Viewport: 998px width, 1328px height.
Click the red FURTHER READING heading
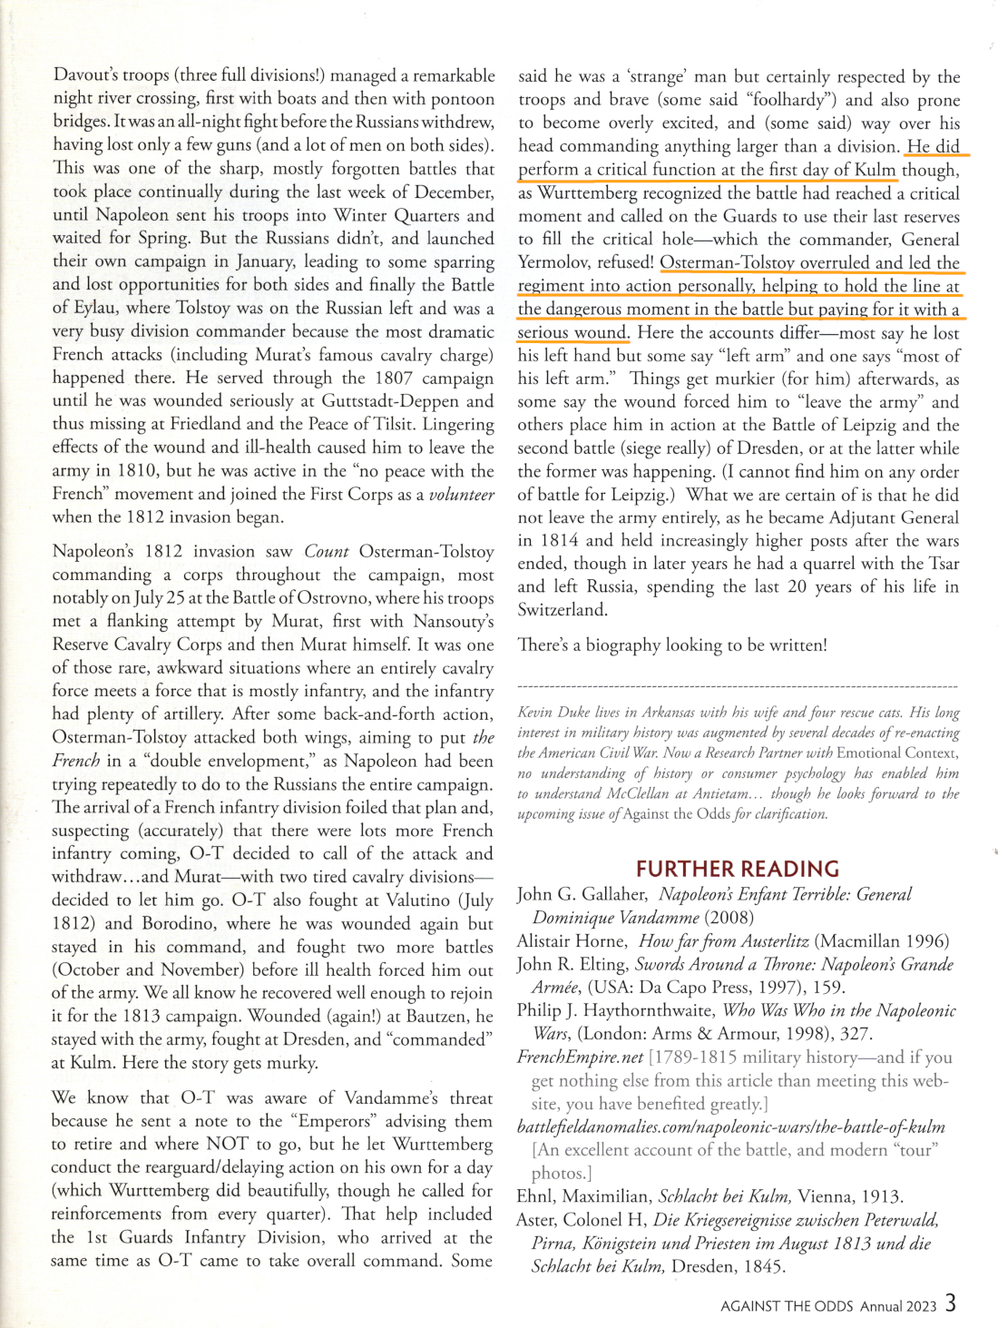[x=737, y=869]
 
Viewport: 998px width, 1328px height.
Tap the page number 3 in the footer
[x=950, y=1303]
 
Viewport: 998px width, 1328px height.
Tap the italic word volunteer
[x=461, y=494]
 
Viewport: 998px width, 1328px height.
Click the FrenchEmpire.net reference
[x=580, y=1057]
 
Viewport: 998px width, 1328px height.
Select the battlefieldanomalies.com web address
[x=730, y=1126]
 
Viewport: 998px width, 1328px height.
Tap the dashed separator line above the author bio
[x=737, y=687]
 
